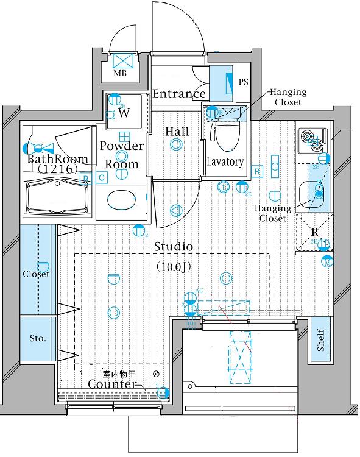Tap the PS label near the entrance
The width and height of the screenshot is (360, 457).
[x=243, y=82]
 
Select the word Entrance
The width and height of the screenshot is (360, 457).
[x=178, y=94]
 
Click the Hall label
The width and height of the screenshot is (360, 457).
[x=177, y=132]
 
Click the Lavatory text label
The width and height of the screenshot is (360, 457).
[x=225, y=162]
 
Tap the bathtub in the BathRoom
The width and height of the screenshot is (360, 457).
[x=57, y=197]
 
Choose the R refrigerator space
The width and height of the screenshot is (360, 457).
[x=314, y=232]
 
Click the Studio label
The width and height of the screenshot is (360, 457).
[x=173, y=247]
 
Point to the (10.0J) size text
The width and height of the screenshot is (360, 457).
[x=174, y=266]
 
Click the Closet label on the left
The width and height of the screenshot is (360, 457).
[x=36, y=274]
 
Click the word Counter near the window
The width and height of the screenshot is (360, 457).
[x=111, y=384]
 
